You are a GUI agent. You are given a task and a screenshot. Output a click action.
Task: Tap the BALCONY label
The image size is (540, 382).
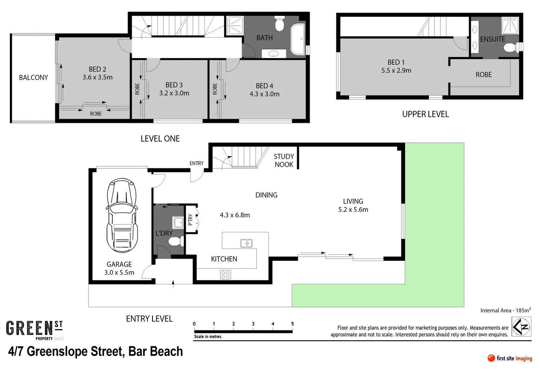tap(33, 77)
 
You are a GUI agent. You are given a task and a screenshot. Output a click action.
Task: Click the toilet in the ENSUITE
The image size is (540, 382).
tap(510, 47)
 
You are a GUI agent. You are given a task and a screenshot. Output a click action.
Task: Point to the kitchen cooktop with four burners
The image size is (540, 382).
tap(225, 274)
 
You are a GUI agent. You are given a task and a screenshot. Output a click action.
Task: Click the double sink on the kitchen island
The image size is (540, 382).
tap(246, 243)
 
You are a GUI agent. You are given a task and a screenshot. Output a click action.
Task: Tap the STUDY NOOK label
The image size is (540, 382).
tap(284, 160)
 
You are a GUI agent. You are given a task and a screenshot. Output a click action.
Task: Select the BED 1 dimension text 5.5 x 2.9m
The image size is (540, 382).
tap(396, 71)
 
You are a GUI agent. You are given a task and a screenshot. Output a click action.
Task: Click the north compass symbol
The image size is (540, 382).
tap(521, 326)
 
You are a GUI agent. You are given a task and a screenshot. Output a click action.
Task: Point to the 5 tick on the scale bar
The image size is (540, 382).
tap(292, 324)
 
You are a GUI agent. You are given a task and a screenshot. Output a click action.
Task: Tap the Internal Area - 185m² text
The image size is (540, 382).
tap(505, 310)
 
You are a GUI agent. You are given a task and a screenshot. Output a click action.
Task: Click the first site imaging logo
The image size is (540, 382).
tap(510, 358)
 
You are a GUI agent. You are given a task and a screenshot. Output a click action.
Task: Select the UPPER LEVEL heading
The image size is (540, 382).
tap(425, 114)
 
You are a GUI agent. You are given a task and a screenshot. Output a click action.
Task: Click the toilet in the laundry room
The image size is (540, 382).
tap(175, 242)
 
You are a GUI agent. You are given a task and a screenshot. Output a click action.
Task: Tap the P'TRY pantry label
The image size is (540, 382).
tap(191, 219)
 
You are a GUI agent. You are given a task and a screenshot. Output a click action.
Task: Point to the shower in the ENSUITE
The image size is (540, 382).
tap(510, 25)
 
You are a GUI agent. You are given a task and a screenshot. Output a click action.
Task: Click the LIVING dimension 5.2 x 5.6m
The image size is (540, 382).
tap(353, 209)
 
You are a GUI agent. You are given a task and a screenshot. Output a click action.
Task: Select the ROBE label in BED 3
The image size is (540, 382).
tap(138, 89)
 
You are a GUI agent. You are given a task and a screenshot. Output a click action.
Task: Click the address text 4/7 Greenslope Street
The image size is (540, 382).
tap(95, 351)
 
